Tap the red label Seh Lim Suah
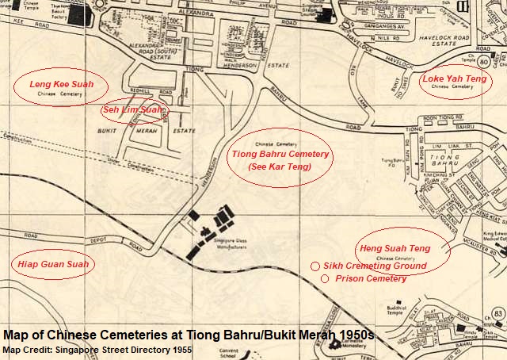tap(134, 110)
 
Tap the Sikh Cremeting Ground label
tap(376, 266)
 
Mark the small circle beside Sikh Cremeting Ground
tap(314, 266)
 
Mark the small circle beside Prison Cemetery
tap(325, 279)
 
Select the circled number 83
tap(497, 315)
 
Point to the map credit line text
tap(97, 350)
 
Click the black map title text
tap(189, 335)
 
